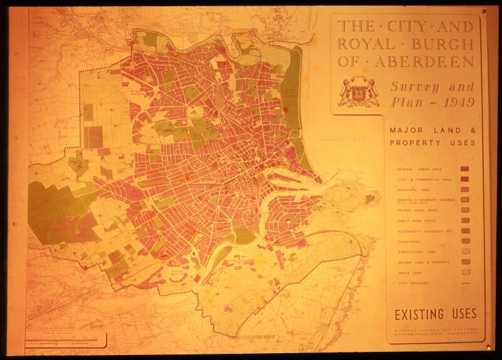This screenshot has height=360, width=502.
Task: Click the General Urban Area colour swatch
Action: [x=465, y=169]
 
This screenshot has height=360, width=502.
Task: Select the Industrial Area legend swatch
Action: [x=465, y=189]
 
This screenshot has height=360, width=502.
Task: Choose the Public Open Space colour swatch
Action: [x=465, y=221]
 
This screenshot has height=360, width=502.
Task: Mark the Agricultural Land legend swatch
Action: [x=465, y=251]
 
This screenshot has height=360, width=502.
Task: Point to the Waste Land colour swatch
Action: [x=465, y=272]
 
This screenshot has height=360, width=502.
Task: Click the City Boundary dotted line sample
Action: [x=465, y=283]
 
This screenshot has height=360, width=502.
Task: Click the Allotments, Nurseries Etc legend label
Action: [x=424, y=231]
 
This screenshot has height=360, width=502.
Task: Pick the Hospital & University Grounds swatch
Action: [x=465, y=200]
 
